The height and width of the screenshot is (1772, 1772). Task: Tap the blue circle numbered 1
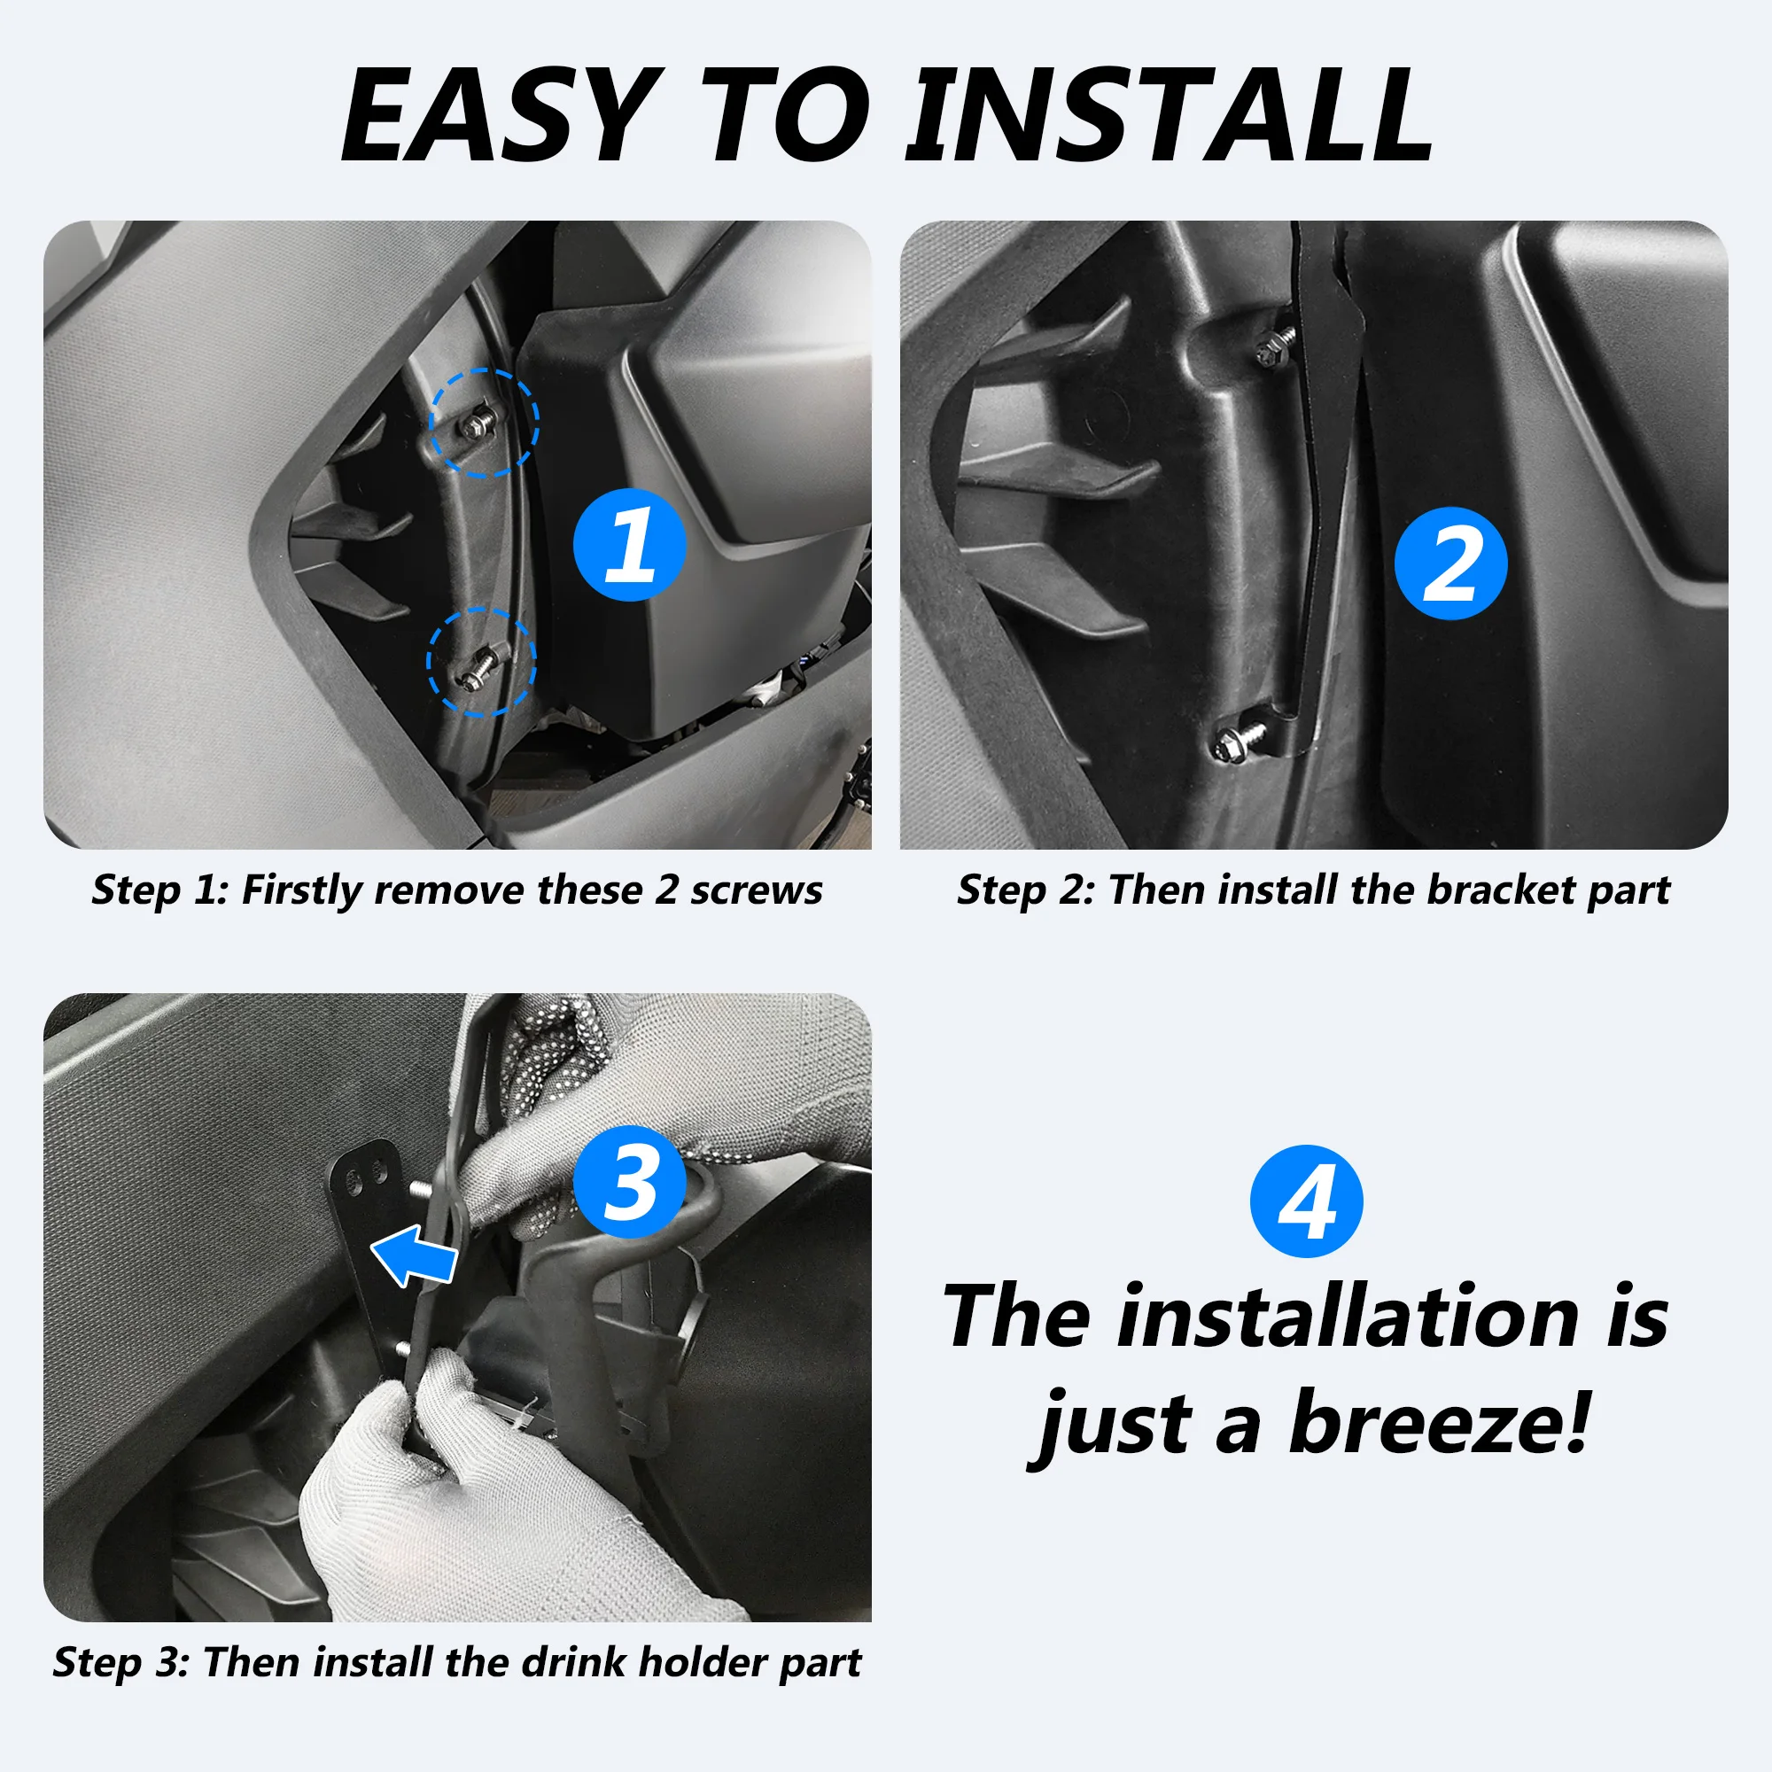click(629, 545)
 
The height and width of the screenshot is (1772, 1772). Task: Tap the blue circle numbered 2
click(1450, 563)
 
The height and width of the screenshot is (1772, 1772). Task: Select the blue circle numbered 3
click(629, 1181)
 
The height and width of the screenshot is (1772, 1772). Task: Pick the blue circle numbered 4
click(1306, 1201)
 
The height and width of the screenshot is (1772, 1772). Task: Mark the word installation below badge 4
click(1348, 1317)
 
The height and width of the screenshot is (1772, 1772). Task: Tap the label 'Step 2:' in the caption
click(1024, 890)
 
